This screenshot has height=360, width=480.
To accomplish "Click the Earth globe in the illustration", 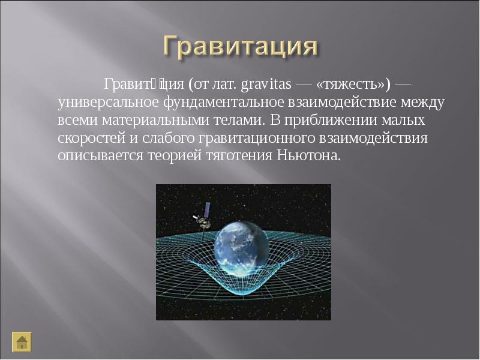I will pos(242,248).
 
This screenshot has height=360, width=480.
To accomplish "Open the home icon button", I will pos(22,342).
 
